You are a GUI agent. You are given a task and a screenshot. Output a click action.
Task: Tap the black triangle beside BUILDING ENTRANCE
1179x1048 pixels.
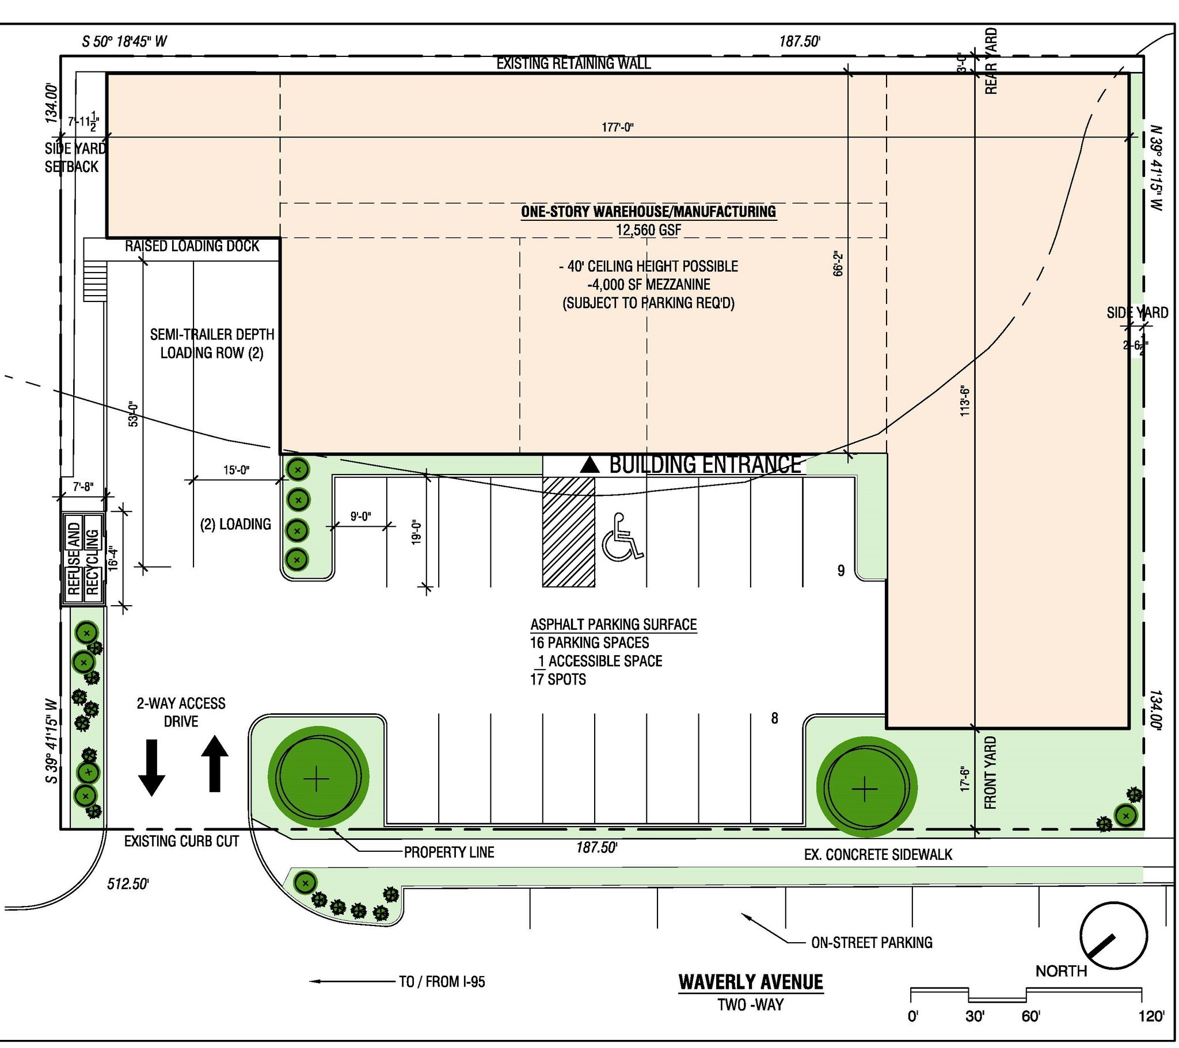point(589,465)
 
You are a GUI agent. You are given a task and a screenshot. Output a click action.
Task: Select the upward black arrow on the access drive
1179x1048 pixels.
point(215,763)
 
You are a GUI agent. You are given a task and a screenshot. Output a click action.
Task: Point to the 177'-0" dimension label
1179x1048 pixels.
point(618,127)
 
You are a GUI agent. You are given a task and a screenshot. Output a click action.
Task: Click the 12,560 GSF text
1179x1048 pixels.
point(648,230)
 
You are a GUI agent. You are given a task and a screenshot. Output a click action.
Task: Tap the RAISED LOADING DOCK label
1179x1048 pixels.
point(192,246)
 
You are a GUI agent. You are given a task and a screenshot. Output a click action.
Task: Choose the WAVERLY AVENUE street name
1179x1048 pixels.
point(751,982)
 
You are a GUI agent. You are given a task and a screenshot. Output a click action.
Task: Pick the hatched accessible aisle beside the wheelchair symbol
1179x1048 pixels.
point(568,532)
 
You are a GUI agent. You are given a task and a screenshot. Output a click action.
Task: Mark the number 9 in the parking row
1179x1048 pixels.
point(841,571)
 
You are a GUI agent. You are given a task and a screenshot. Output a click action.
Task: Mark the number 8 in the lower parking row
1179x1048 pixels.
point(774,718)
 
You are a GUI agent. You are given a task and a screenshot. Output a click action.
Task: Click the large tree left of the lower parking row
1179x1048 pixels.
point(318,779)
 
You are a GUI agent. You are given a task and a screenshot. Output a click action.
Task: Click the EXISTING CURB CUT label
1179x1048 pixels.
point(181,841)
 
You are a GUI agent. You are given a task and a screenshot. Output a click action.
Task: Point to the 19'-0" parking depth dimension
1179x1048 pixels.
point(417,532)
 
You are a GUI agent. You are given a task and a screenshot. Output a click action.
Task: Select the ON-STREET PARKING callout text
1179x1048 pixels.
point(872,943)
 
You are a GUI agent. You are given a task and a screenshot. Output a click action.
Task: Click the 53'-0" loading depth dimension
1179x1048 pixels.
point(132,414)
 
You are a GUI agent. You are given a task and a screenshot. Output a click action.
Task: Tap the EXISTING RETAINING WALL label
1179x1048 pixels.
point(573,63)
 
